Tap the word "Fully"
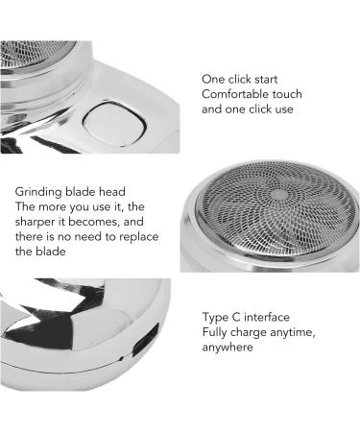[216, 333]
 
